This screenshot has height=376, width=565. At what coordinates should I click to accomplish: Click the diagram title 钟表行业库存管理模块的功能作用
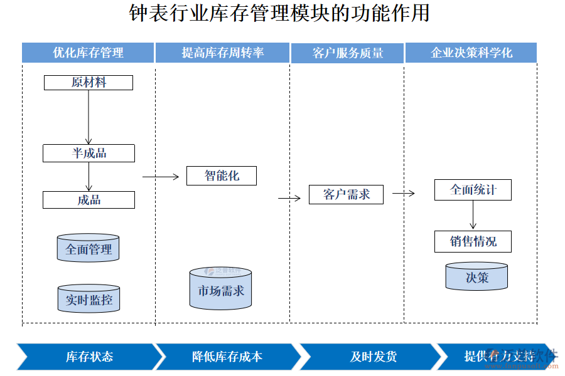279,14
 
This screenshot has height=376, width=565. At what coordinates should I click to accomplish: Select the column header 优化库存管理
88,53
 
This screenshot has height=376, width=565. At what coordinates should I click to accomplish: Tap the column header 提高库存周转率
222,53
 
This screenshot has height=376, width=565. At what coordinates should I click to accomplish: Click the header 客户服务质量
347,53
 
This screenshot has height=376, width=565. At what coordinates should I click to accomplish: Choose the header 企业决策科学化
471,53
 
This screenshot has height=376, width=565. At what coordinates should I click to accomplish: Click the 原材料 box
89,83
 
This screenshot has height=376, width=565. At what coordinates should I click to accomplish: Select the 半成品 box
89,154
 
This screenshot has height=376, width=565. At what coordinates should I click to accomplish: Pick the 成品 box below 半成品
89,200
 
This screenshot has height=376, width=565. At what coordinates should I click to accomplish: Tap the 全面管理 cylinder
88,248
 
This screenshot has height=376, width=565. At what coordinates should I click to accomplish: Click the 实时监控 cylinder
88,299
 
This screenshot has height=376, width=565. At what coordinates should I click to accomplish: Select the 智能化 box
222,176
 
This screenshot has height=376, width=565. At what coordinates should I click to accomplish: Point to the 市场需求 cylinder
221,289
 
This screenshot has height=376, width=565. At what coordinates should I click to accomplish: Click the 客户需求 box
346,194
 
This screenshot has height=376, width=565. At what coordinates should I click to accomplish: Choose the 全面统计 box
473,190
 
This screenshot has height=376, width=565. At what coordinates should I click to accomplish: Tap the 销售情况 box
473,241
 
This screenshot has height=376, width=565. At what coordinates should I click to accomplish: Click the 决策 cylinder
476,277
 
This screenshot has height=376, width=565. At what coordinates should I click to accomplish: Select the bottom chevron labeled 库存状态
89,357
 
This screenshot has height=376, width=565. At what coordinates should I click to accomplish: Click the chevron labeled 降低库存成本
227,357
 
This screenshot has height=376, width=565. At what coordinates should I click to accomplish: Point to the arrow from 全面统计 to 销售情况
473,216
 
